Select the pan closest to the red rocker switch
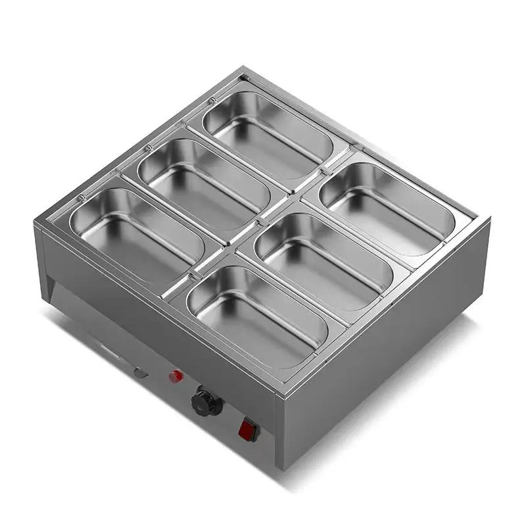tap(258, 316)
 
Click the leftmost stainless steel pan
tap(137, 227)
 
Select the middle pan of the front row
tap(323, 260)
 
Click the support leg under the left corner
tap(51, 283)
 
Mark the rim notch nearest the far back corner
tap(213, 100)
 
